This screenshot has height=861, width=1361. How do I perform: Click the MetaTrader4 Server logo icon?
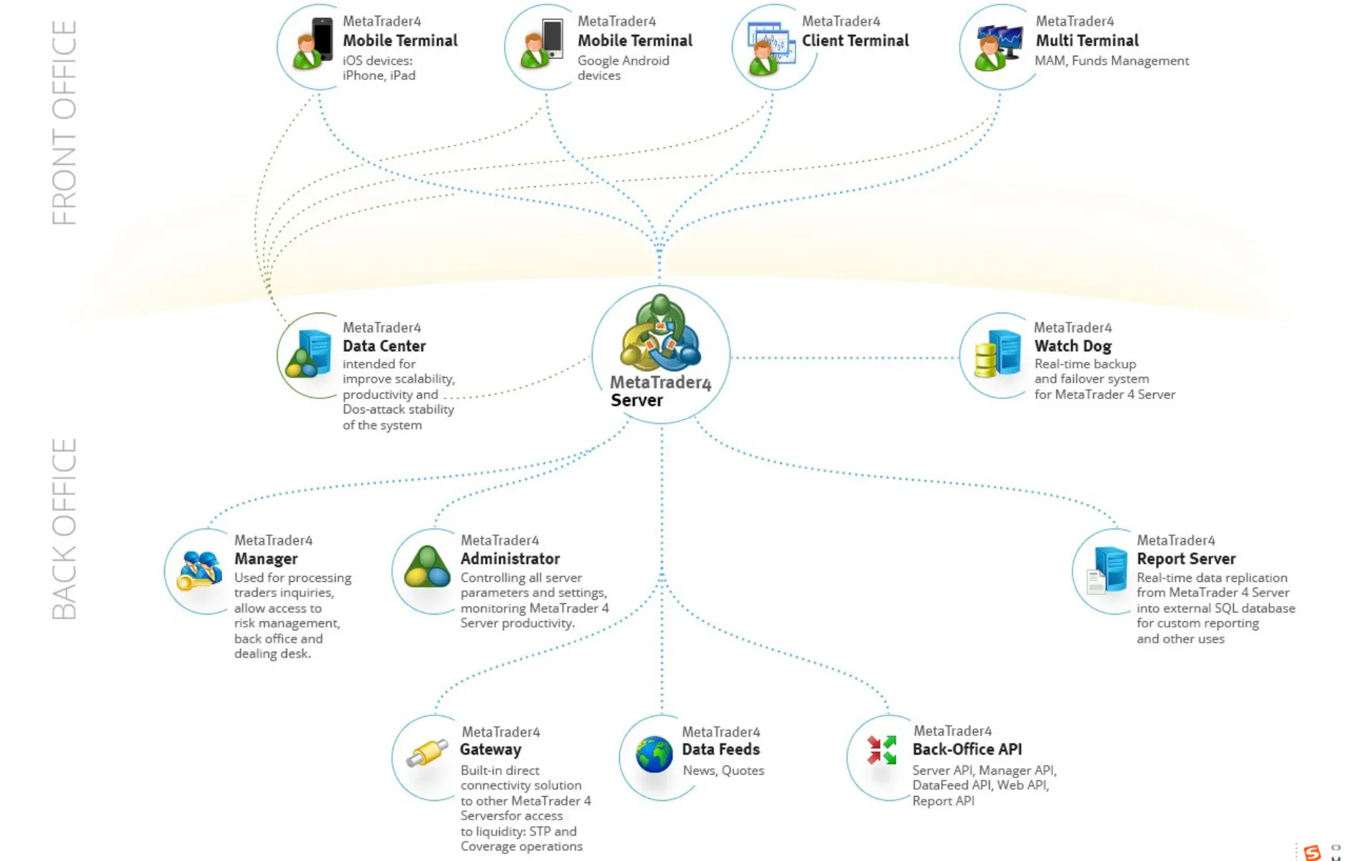click(660, 333)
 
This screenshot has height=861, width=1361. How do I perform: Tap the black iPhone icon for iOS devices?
click(322, 39)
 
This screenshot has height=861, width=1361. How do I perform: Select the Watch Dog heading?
click(1073, 346)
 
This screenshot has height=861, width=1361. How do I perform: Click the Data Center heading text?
click(384, 346)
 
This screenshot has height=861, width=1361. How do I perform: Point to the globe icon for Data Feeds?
click(654, 755)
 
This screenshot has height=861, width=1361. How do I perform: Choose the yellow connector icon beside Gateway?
click(427, 752)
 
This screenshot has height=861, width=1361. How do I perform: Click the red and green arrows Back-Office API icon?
click(881, 750)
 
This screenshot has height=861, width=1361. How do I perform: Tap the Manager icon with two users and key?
click(199, 570)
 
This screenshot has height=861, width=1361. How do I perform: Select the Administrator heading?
click(510, 559)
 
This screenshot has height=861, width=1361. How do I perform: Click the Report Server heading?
click(1185, 559)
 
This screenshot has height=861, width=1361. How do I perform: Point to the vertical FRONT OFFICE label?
click(64, 122)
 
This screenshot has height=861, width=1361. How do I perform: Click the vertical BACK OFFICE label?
click(64, 529)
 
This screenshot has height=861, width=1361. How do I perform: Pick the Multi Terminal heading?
click(1087, 41)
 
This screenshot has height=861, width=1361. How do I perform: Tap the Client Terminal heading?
click(855, 41)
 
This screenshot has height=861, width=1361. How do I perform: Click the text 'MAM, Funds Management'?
click(1112, 61)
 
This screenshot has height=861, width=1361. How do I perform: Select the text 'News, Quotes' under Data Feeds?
click(723, 770)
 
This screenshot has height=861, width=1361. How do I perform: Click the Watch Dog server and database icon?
click(998, 353)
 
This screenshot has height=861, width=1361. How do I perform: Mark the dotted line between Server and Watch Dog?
click(844, 358)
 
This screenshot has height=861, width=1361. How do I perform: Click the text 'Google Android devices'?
click(623, 68)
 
